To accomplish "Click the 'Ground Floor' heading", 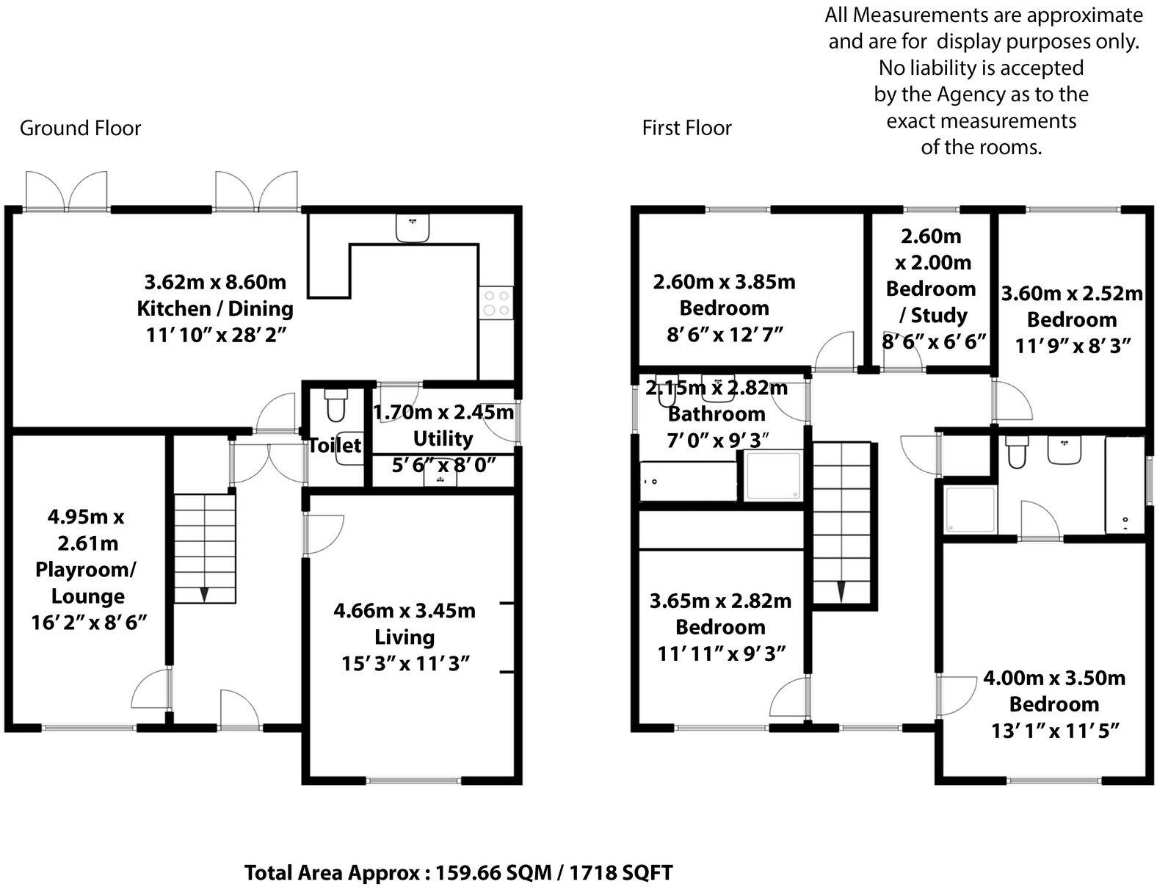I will click(80, 128).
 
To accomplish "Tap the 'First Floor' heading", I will click(686, 128).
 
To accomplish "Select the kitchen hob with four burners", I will click(496, 303).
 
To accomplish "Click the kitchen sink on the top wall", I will click(412, 228).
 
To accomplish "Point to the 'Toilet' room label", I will click(335, 445).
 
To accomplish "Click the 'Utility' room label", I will click(443, 438).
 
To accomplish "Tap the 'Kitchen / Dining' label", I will click(215, 308).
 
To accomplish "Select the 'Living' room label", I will click(405, 637).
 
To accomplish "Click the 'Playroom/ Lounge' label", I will click(87, 583).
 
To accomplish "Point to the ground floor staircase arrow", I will click(204, 593).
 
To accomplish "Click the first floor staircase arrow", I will click(841, 590).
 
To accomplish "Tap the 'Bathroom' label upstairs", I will click(717, 413).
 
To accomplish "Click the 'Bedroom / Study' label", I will click(931, 302).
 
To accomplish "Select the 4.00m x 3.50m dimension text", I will click(1053, 677).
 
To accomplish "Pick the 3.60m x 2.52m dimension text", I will click(1071, 294).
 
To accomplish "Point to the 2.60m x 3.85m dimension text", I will click(724, 281).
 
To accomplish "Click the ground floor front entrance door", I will click(239, 710).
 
